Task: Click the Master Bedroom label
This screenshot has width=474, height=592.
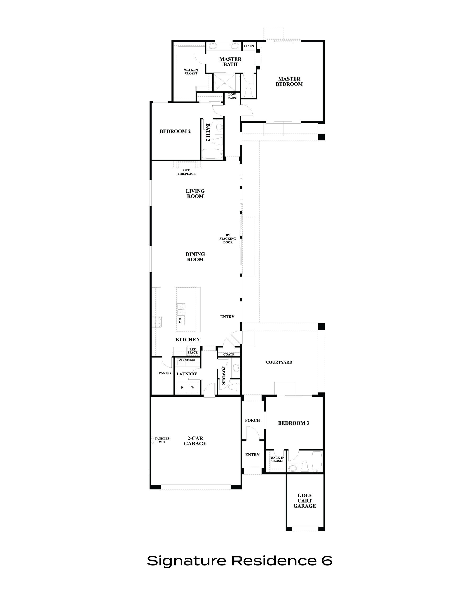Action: tap(289, 81)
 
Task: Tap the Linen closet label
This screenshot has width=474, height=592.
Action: tap(249, 46)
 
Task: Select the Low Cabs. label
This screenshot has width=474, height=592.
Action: tap(232, 96)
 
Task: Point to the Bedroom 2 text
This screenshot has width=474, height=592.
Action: tap(175, 131)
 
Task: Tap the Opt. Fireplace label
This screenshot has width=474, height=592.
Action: tap(187, 172)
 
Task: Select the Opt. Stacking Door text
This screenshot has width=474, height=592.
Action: tap(228, 239)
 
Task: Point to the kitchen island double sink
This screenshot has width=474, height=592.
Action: tap(181, 309)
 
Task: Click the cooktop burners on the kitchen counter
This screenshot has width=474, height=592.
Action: tap(157, 322)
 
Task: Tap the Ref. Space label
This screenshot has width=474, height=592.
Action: tap(193, 351)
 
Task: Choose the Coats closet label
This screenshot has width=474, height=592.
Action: tap(228, 354)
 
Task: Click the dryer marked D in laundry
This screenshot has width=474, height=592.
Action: tap(182, 387)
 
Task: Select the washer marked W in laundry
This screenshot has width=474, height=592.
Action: tap(193, 387)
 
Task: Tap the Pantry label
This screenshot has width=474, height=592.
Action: tap(165, 373)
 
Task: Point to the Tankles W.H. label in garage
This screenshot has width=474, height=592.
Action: tap(162, 440)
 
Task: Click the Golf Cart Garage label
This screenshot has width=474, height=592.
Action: tap(305, 501)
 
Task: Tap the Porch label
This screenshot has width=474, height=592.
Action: tap(252, 420)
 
